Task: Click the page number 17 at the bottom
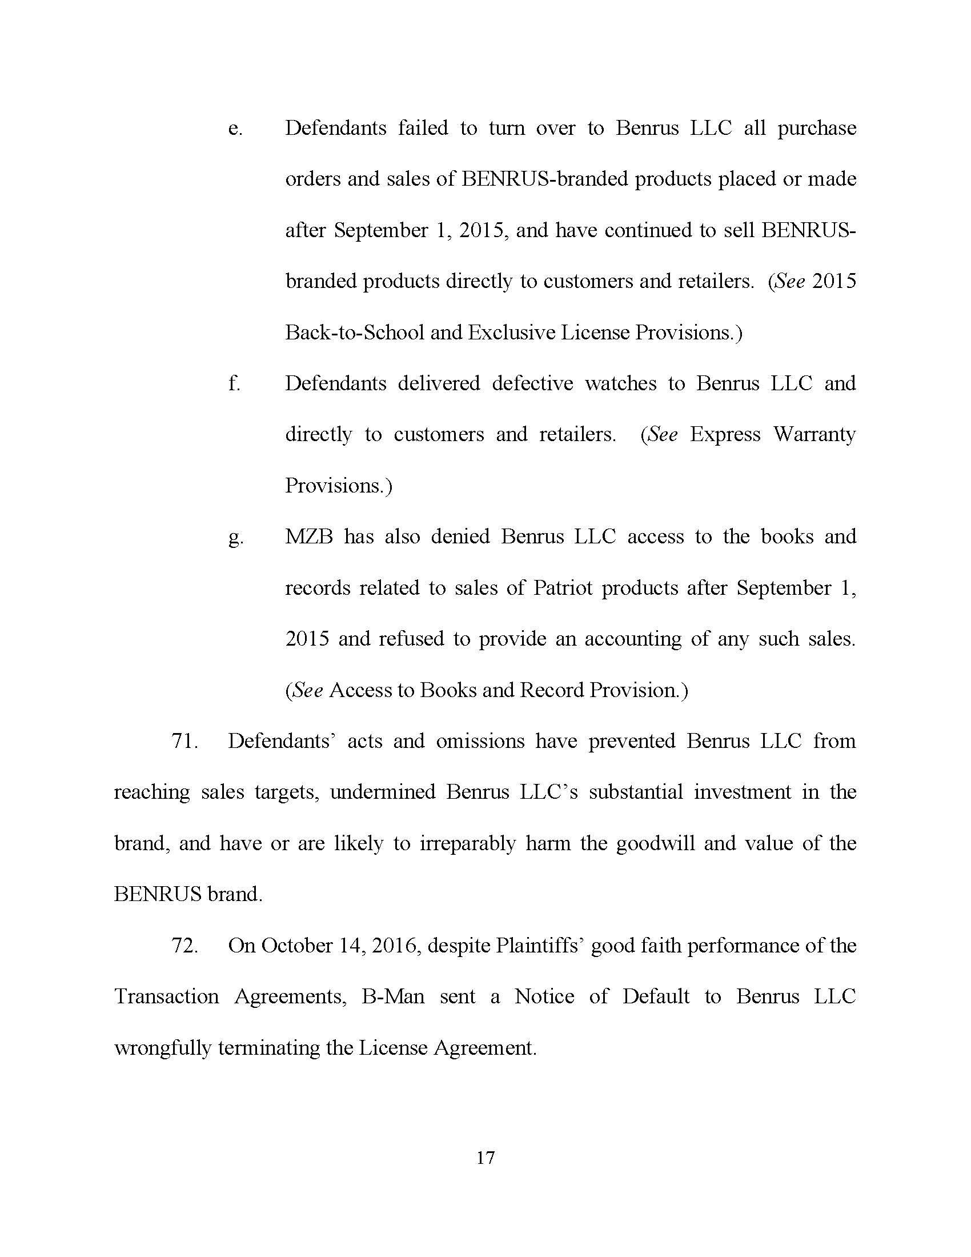tap(485, 1158)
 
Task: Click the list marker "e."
tap(235, 129)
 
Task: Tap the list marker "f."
tap(234, 383)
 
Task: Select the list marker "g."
tap(235, 538)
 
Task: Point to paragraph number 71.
tap(184, 741)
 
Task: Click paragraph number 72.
tap(184, 946)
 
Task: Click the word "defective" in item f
tap(532, 383)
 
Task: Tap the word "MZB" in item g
tap(309, 537)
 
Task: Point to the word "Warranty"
tap(814, 434)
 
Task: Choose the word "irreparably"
tap(468, 844)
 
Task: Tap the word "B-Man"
tap(393, 996)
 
